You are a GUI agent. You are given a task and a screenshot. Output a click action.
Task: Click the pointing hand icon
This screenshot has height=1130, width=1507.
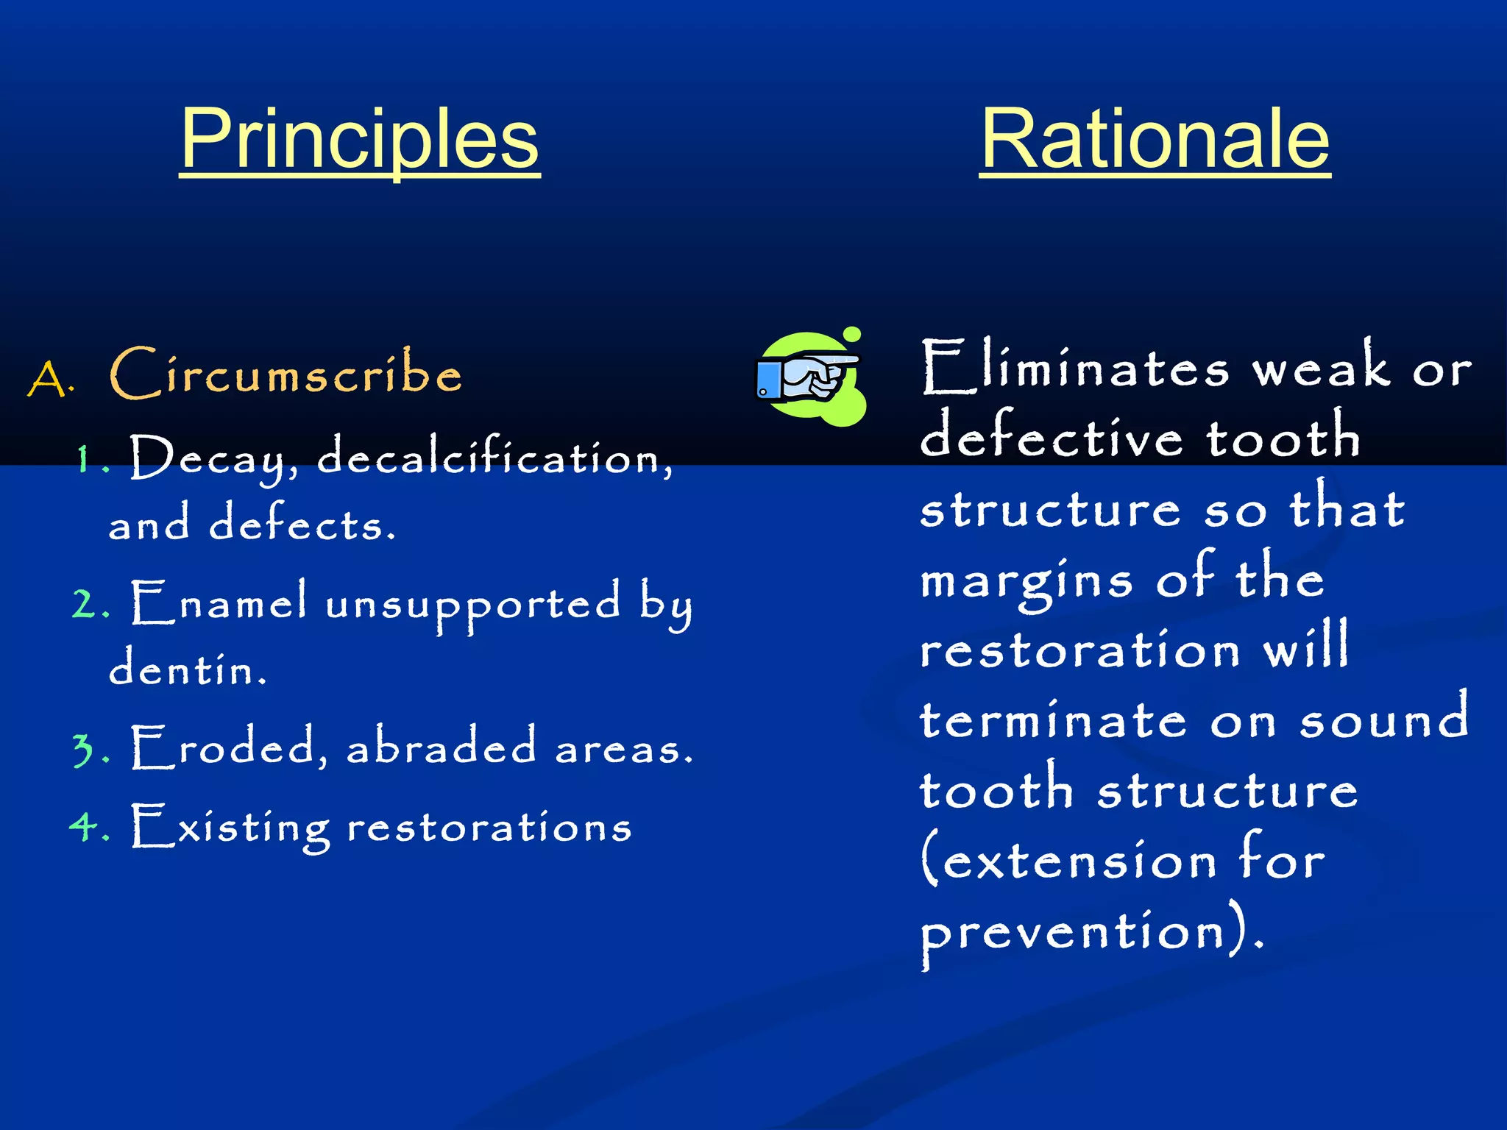[x=809, y=377]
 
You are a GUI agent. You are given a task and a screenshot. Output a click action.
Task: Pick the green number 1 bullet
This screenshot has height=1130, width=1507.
[x=87, y=461]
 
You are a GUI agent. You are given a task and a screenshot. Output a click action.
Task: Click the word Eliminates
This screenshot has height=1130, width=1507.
[x=1074, y=368]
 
